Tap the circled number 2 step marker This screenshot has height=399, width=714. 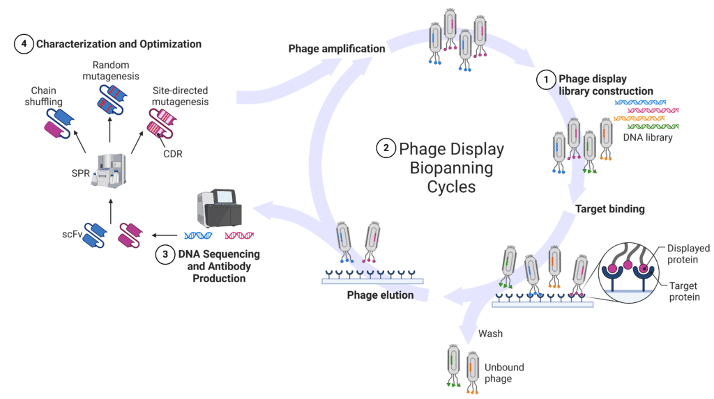coord(385,148)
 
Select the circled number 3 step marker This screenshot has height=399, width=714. coord(165,254)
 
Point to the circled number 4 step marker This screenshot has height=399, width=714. coord(24,45)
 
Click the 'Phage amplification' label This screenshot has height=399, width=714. coord(336,49)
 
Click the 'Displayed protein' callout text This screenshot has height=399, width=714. coord(686,253)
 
